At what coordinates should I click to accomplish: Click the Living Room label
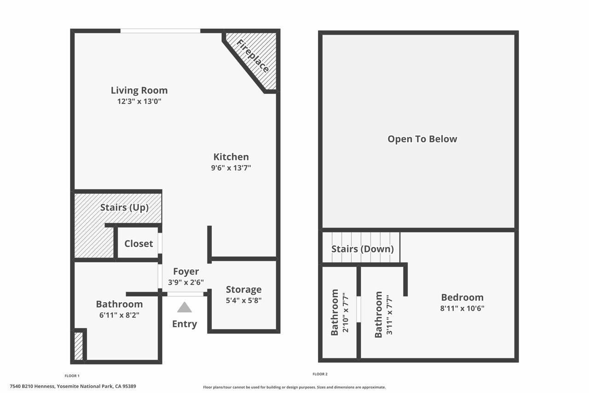tap(139, 90)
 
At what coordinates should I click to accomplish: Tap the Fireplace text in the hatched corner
tap(253, 56)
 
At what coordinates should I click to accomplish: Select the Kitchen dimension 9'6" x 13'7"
tap(231, 168)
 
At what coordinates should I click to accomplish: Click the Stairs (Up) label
tap(124, 207)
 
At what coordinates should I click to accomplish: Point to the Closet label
tap(139, 243)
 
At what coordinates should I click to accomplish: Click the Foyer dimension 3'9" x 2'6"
tap(186, 282)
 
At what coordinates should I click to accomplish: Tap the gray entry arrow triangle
tap(185, 307)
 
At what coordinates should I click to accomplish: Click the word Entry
tap(185, 324)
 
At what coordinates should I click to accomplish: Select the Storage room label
tap(243, 289)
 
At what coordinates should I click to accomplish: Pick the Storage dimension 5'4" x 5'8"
tap(243, 300)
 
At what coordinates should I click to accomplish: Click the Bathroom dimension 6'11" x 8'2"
tap(119, 315)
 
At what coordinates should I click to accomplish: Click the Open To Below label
tap(422, 139)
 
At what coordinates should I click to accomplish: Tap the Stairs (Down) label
tap(363, 249)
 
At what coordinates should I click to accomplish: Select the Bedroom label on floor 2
tap(462, 297)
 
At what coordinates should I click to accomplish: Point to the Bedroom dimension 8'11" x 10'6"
tap(462, 308)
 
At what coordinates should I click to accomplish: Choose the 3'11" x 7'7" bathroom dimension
tap(389, 314)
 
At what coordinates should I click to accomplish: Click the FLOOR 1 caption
tap(72, 375)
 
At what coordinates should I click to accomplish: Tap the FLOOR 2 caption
tap(320, 374)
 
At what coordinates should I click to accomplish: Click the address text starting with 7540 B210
tap(73, 387)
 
